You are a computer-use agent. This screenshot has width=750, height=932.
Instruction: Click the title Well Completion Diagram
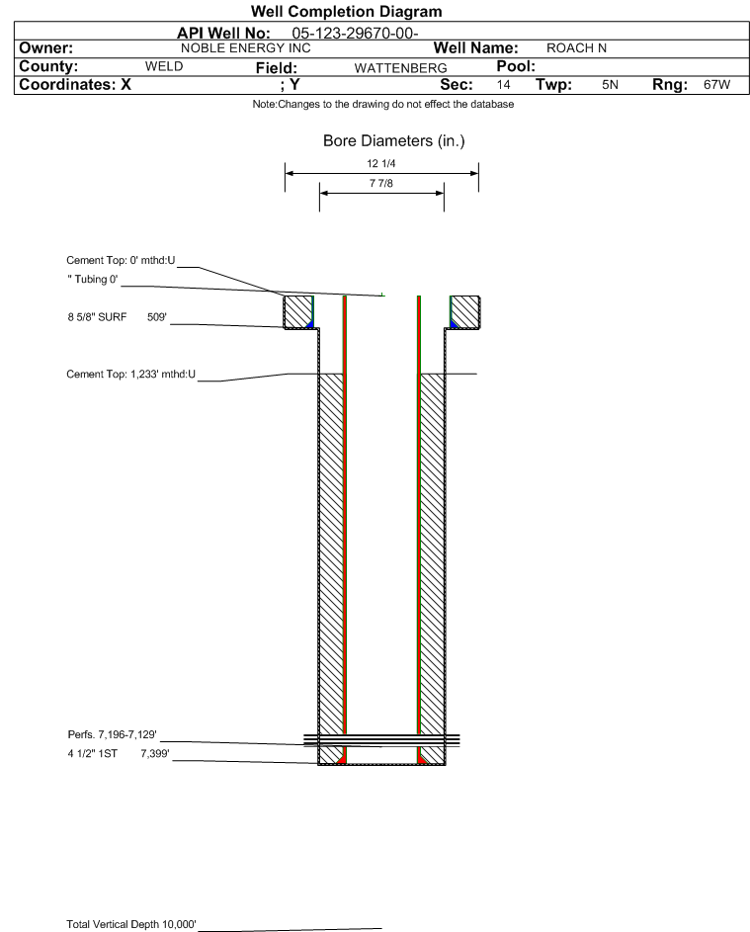coord(347,11)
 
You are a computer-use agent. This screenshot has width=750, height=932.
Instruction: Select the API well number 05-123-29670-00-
coord(355,34)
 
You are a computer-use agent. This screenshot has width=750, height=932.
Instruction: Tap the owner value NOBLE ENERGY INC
coord(245,48)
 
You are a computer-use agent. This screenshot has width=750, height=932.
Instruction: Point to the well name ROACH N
coord(576,48)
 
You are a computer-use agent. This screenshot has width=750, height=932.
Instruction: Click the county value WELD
coord(164,66)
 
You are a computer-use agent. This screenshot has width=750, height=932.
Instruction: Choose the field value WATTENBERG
coord(400,68)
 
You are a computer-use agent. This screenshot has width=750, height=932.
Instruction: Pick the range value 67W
coord(716,84)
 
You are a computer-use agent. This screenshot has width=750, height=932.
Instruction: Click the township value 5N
coord(610,84)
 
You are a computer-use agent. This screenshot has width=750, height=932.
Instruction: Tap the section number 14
coord(503,84)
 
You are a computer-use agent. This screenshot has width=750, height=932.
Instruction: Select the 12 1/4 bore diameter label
coord(381,163)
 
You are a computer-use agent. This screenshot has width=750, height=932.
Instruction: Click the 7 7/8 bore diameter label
coord(381,183)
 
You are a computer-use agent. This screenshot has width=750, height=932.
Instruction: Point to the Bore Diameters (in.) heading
coord(394,141)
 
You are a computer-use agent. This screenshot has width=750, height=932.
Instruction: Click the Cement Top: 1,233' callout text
coord(130,375)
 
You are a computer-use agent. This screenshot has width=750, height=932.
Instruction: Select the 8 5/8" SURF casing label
coord(97,317)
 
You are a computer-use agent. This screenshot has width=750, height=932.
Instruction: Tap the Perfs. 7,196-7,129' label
coord(113,734)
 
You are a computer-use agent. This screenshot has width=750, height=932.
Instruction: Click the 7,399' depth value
coord(155,754)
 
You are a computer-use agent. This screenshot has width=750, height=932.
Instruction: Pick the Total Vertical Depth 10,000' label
coord(131,924)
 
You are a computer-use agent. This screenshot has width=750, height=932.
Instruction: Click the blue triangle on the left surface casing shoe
coord(309,323)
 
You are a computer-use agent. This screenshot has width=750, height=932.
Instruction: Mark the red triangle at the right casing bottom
coord(422,759)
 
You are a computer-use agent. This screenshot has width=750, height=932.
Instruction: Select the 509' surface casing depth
coord(157,317)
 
